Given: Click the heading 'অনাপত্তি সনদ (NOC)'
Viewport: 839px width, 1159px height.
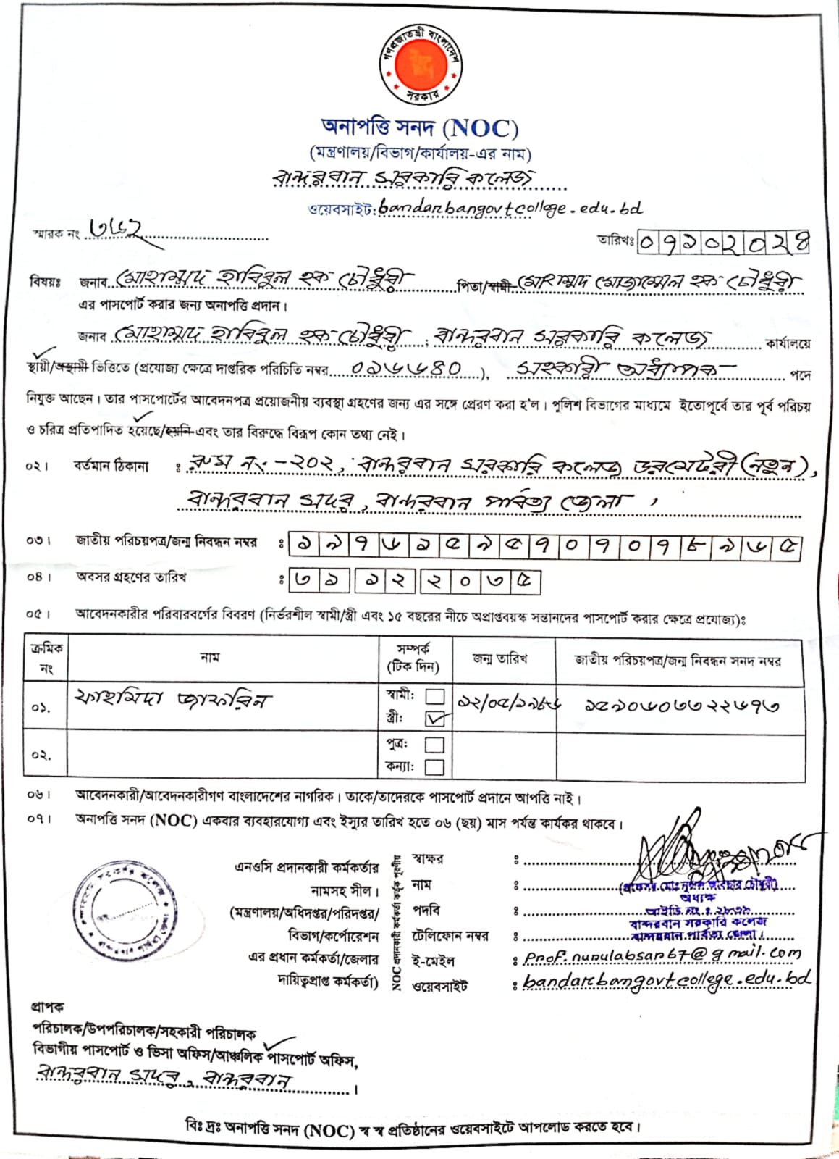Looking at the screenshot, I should (420, 128).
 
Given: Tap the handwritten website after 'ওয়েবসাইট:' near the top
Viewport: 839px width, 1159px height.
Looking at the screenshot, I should (510, 208).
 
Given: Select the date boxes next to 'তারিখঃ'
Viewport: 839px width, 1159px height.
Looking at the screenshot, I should (722, 241).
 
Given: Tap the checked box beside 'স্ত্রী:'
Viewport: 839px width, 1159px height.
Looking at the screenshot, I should (436, 719).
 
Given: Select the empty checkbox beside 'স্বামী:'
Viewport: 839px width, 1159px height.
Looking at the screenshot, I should (434, 696).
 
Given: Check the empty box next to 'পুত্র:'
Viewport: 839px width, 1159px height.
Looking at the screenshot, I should (434, 745).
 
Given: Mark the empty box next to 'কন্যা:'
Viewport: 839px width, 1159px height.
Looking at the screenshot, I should (434, 766).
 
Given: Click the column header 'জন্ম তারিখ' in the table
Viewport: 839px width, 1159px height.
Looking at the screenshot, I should (500, 659).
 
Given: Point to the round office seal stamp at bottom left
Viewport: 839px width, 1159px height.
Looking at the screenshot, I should (125, 911).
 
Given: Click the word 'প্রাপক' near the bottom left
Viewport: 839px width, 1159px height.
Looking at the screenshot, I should (47, 1007).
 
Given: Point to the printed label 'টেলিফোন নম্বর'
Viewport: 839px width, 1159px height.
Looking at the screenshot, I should (450, 936).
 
